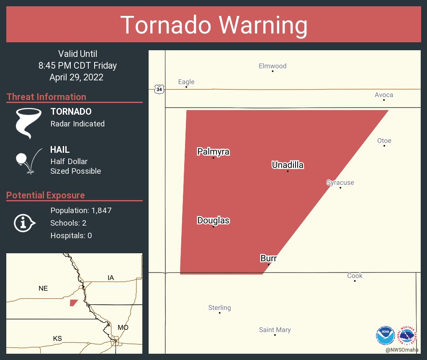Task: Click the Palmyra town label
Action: pos(213,152)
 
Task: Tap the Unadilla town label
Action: pos(288,165)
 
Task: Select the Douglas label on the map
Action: pos(213,220)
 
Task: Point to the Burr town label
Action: pos(268,258)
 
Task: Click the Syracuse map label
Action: pos(340,183)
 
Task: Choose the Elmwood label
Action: pos(273,66)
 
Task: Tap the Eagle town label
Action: pos(186,82)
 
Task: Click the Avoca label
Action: pos(383,95)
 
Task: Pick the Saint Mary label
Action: pos(275,330)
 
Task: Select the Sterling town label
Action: pos(219,308)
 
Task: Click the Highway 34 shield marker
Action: pos(159,89)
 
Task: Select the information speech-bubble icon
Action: pos(25,223)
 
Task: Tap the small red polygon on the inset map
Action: pos(74,303)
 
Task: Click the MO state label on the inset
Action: pos(123,327)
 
